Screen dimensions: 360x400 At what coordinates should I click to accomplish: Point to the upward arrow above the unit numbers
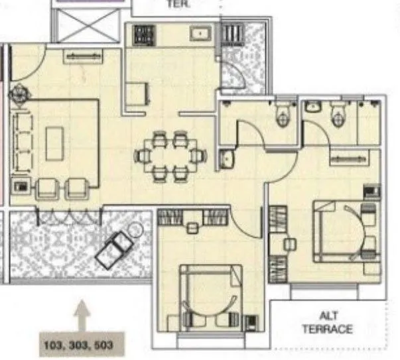(x=82, y=314)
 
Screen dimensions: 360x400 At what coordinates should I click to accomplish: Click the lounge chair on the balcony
(x=114, y=249)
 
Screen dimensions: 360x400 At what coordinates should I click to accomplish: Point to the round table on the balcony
(x=136, y=231)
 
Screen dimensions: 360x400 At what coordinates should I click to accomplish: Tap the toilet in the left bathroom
(x=283, y=117)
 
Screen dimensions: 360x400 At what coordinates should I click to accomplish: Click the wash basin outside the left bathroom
(x=228, y=158)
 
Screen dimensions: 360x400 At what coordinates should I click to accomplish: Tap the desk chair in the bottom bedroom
(x=192, y=227)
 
